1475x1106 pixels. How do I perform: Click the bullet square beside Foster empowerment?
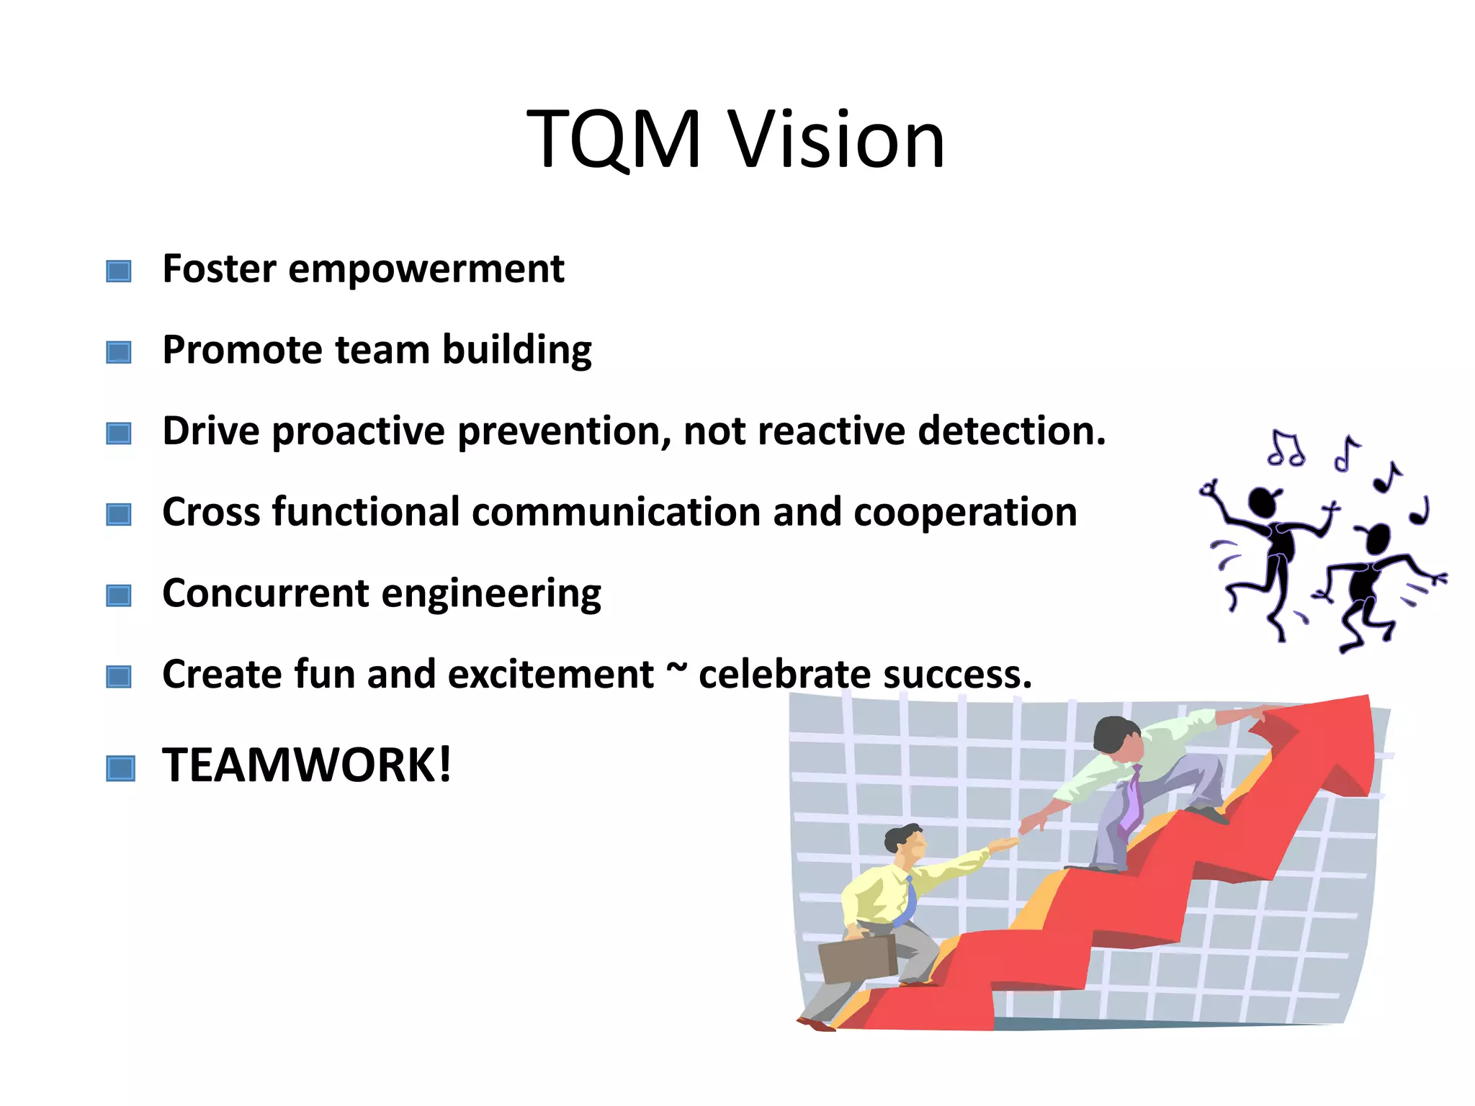click(119, 271)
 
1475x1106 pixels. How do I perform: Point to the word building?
click(516, 351)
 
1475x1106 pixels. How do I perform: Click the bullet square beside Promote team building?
click(119, 352)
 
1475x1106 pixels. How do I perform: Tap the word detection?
click(1011, 431)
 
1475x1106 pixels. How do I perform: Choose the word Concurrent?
click(266, 593)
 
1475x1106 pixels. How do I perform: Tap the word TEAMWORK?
click(307, 765)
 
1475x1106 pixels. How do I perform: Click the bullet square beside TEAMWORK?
click(120, 768)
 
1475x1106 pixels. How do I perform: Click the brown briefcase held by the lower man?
click(857, 958)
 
